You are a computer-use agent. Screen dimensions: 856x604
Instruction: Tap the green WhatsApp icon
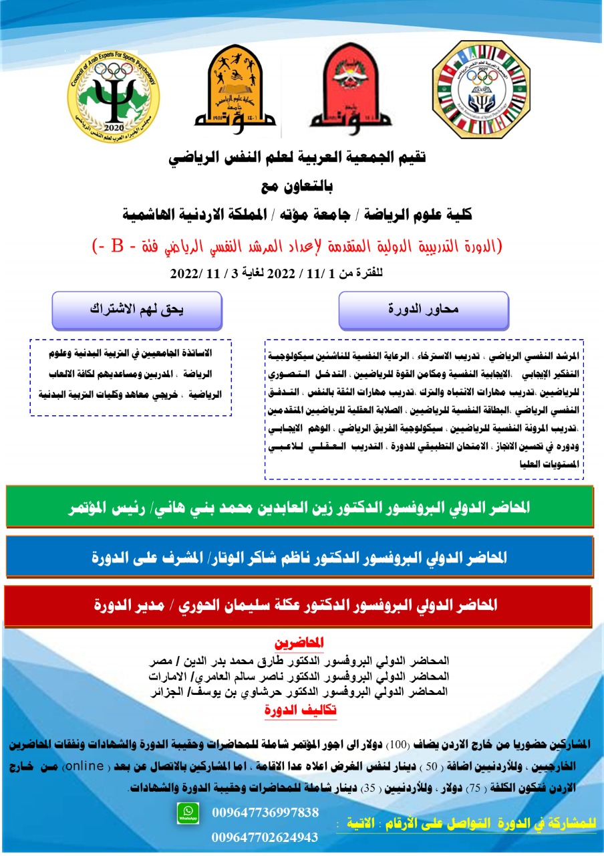tap(187, 813)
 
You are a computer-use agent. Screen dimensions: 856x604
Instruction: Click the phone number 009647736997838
tap(265, 813)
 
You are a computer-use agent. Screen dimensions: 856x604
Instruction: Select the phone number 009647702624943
tap(265, 837)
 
